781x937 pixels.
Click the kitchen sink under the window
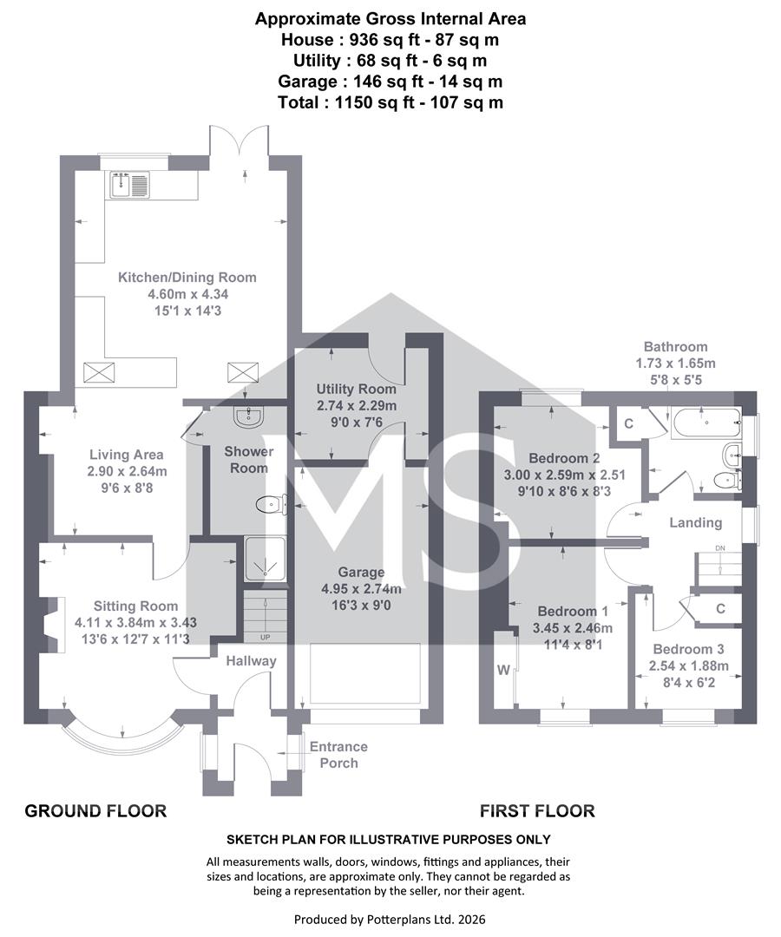tap(129, 184)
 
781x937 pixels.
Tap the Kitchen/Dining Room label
tap(187, 278)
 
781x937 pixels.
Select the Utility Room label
tap(356, 389)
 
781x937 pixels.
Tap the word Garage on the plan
tap(361, 573)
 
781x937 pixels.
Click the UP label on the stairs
tap(265, 638)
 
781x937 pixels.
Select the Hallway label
tap(251, 661)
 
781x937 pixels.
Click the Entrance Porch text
tap(338, 755)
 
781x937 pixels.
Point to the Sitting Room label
tap(135, 606)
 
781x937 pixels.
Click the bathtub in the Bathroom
tap(706, 423)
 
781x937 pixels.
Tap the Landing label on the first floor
tap(696, 523)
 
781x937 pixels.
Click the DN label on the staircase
tap(720, 548)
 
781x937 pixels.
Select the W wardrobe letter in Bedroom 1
tap(503, 671)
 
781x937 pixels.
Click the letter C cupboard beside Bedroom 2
tap(628, 423)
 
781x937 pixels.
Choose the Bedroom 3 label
tap(688, 649)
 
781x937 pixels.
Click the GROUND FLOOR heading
tap(95, 811)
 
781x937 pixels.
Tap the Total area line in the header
tap(390, 102)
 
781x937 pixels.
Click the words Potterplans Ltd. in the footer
tap(410, 919)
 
